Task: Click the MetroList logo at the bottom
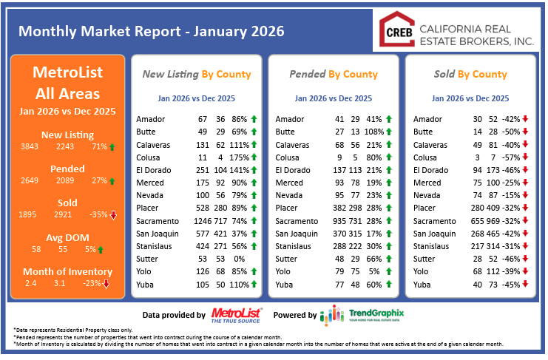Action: click(x=236, y=315)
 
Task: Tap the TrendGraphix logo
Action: click(x=362, y=315)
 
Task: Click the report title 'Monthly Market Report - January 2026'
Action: click(x=151, y=32)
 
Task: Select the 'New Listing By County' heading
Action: click(x=196, y=74)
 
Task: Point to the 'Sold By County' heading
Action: click(x=470, y=74)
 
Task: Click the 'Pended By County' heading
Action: click(x=333, y=74)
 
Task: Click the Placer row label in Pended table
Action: click(x=288, y=208)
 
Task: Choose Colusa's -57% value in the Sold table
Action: click(x=511, y=157)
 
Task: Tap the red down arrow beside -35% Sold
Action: click(x=113, y=216)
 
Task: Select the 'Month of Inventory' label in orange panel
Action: click(x=68, y=271)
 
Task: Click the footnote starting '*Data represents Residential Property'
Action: click(x=81, y=329)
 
